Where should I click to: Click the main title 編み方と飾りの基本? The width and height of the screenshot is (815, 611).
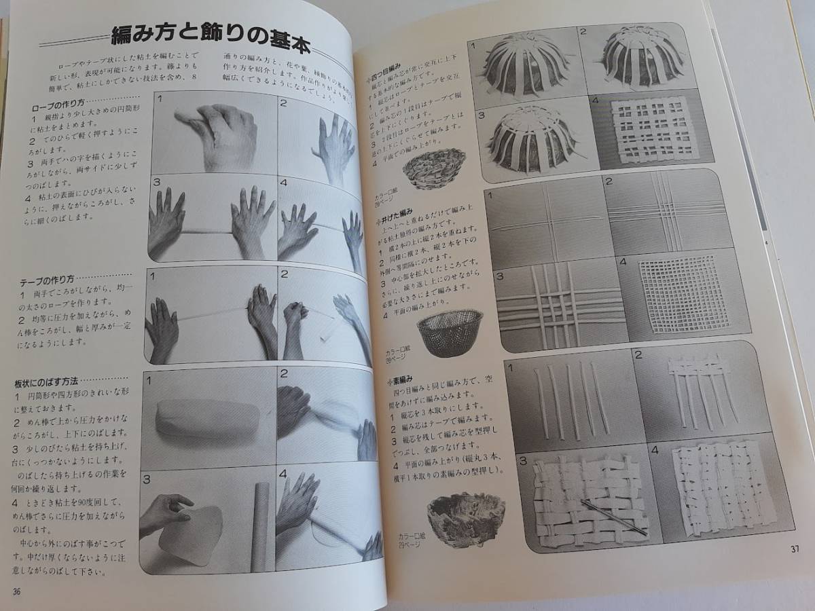click(210, 39)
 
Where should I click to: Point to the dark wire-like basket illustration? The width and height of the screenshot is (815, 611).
click(449, 332)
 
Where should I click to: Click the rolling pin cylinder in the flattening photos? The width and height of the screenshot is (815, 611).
click(261, 526)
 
